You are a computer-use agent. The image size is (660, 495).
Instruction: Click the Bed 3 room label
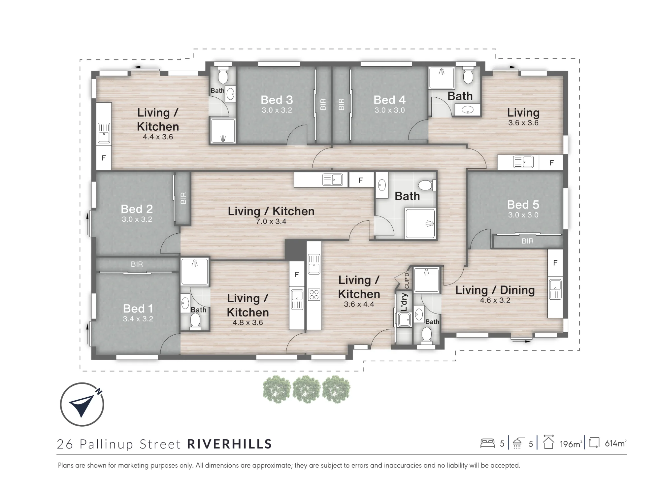[277, 100]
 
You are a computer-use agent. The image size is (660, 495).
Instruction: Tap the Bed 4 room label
[389, 100]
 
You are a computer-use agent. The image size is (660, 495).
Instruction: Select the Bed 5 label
[523, 205]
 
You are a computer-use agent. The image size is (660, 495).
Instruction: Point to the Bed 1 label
[138, 309]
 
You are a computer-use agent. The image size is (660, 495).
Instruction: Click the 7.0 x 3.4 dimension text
[271, 221]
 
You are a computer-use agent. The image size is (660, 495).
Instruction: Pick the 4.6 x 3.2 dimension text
[495, 300]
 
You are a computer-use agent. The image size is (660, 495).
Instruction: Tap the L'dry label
[404, 302]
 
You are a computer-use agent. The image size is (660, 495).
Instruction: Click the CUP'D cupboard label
[407, 280]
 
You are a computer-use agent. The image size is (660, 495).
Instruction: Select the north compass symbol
[82, 404]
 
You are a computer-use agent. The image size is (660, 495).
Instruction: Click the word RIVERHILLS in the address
[230, 444]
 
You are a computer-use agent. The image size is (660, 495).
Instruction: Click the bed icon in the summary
[487, 443]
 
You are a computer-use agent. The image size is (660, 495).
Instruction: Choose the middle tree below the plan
[307, 390]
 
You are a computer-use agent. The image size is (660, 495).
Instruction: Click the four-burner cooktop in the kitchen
[314, 294]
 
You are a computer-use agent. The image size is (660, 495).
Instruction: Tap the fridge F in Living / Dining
[555, 263]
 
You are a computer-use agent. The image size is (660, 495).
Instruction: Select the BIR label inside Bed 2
[183, 198]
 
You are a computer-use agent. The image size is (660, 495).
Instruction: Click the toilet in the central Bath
[427, 185]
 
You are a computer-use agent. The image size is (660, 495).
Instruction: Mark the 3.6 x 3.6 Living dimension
[523, 123]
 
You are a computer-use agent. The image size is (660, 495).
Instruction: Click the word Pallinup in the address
[107, 444]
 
